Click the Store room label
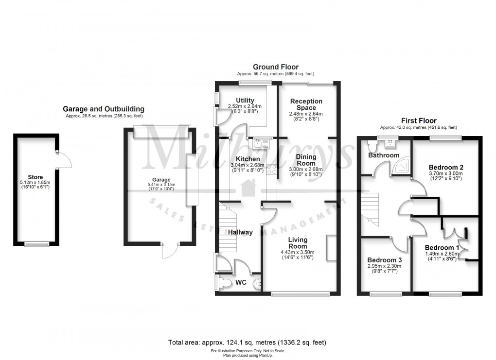point(35,177)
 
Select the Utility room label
point(245,101)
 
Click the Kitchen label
point(248,159)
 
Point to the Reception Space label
point(306,104)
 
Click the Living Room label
point(298,243)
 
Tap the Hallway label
point(241,232)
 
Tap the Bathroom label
point(383,155)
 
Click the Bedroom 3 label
point(383,259)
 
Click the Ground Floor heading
point(275,67)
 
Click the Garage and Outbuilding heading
point(104,109)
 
